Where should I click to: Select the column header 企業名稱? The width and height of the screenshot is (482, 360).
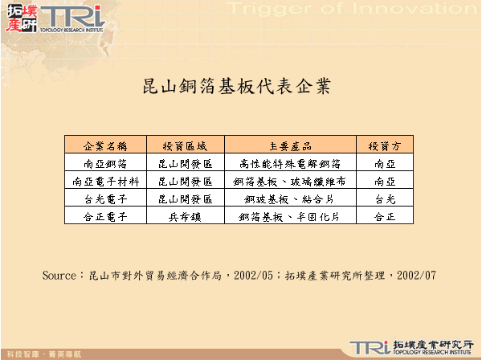[105, 146]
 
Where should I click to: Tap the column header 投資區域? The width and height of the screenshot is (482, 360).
[185, 146]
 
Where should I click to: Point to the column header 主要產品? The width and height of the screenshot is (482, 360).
[290, 146]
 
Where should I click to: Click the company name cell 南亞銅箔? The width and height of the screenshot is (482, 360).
[105, 164]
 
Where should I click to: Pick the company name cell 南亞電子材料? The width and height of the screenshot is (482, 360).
[105, 182]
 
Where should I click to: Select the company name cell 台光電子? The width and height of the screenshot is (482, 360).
[105, 199]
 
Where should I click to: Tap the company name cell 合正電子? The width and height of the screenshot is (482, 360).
[105, 217]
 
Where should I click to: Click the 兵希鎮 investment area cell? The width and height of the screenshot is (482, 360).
[185, 217]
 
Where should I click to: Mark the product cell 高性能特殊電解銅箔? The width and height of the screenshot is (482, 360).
[290, 164]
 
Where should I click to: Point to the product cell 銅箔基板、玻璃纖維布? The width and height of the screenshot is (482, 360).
[290, 182]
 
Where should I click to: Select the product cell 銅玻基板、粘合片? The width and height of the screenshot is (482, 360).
[290, 199]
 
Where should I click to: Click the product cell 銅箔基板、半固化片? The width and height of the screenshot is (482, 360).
[290, 217]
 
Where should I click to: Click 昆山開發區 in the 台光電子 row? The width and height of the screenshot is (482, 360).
[185, 199]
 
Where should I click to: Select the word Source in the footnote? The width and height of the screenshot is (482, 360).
[59, 275]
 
